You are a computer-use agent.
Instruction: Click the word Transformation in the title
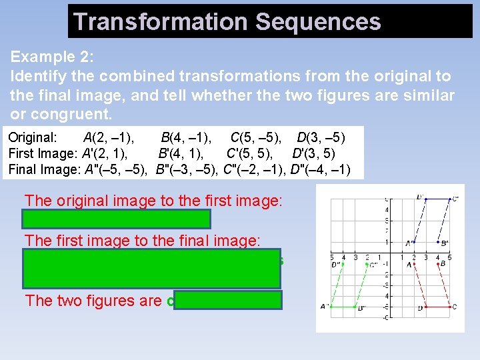point(161,21)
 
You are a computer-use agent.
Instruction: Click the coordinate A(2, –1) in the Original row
point(108,139)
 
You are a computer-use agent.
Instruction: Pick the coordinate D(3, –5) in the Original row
point(321,139)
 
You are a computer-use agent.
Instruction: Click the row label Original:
point(33,139)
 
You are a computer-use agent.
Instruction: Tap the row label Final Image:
point(44,169)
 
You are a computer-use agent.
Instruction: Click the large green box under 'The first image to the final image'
point(151,268)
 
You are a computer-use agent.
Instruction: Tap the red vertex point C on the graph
point(450,307)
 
